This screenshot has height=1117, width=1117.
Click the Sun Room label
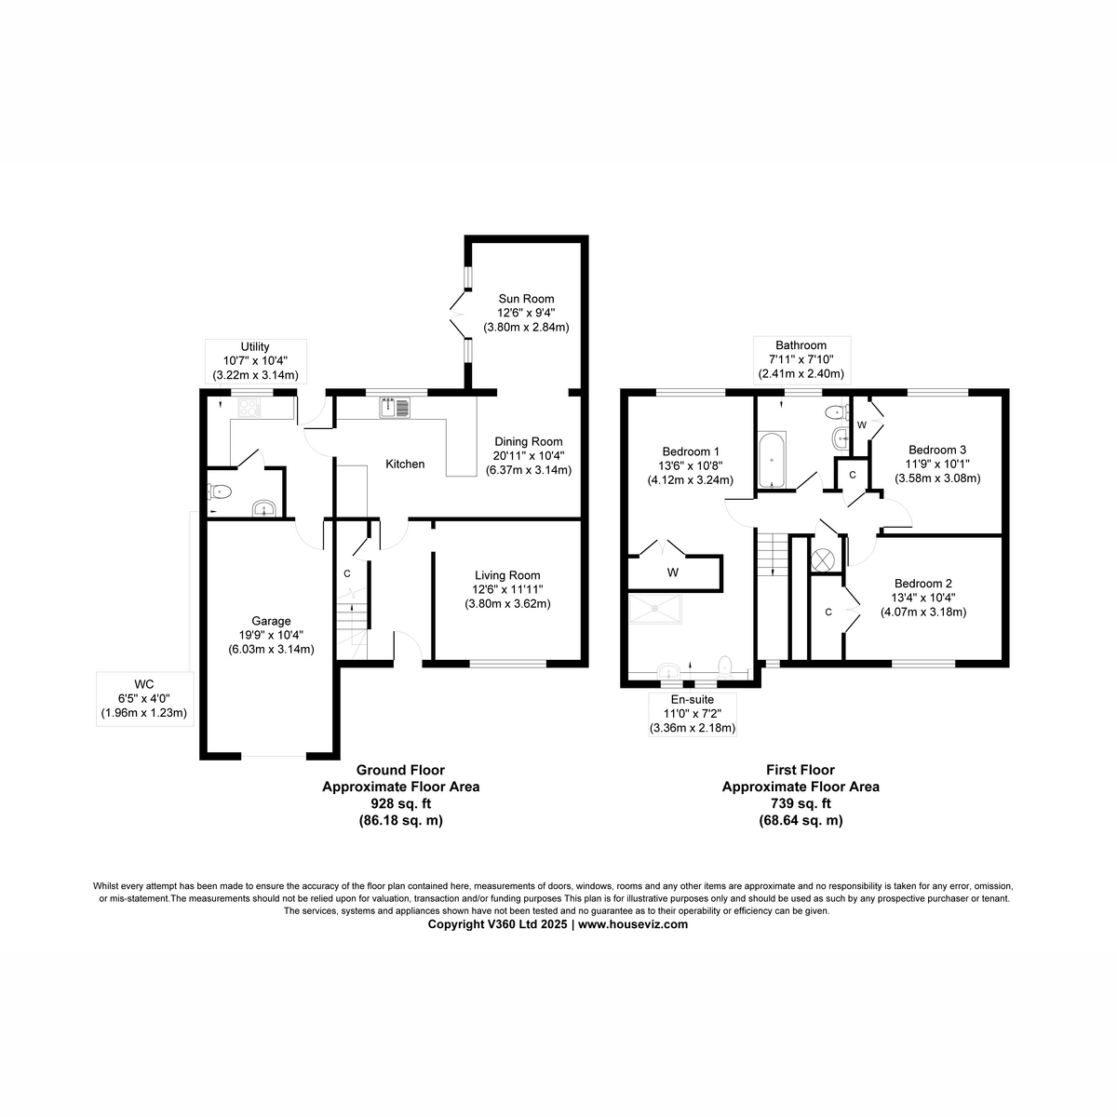pyautogui.click(x=526, y=299)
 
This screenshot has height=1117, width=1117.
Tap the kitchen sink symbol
pyautogui.click(x=395, y=408)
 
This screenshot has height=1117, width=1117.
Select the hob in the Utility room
pyautogui.click(x=250, y=408)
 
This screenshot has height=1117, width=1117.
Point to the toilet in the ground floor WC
pyautogui.click(x=219, y=492)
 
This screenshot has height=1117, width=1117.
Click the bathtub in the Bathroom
pyautogui.click(x=772, y=460)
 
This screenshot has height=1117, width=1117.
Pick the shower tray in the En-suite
pyautogui.click(x=655, y=609)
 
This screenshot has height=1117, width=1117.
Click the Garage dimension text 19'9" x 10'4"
pyautogui.click(x=271, y=636)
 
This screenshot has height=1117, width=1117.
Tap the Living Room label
pyautogui.click(x=507, y=575)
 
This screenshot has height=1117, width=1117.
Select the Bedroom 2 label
pyautogui.click(x=922, y=583)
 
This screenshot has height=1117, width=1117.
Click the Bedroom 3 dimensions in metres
pyautogui.click(x=937, y=478)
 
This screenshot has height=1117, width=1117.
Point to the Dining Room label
pyautogui.click(x=528, y=442)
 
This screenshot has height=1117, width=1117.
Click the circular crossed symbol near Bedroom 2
pyautogui.click(x=823, y=559)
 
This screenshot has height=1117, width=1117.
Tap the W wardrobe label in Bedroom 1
pyautogui.click(x=672, y=572)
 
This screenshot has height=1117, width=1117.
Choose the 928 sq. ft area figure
pyautogui.click(x=401, y=803)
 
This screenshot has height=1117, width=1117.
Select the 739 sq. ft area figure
pyautogui.click(x=801, y=803)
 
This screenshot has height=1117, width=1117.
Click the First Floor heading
pyautogui.click(x=801, y=770)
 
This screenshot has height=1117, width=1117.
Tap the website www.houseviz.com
pyautogui.click(x=633, y=924)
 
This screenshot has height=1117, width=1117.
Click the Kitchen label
pyautogui.click(x=405, y=464)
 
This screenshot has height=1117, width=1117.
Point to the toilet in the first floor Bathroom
pyautogui.click(x=835, y=412)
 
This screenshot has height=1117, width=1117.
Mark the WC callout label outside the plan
pyautogui.click(x=144, y=684)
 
